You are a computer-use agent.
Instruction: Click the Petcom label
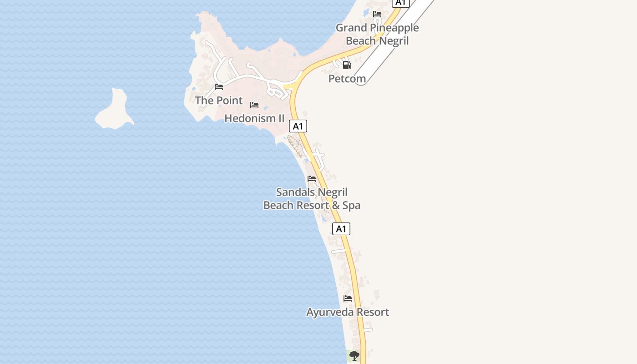point(347,79)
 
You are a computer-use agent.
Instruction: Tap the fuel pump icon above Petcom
point(347,65)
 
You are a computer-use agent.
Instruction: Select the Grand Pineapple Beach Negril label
point(377,34)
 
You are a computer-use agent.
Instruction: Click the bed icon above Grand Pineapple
point(377,14)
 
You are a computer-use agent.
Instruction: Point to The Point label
point(219,100)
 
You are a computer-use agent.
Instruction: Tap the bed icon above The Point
point(219,87)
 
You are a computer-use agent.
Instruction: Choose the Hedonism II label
point(254,118)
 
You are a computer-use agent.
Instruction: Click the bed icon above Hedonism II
point(254,105)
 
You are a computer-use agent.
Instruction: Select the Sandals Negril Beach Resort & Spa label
point(312,199)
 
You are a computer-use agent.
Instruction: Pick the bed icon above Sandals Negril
point(312,179)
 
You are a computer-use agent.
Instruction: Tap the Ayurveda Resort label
point(348,312)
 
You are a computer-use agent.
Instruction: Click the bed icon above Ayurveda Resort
point(348,298)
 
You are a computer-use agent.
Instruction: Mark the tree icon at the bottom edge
point(354,356)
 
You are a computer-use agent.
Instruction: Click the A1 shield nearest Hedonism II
point(298,126)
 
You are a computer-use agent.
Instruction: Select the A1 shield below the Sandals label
point(341,229)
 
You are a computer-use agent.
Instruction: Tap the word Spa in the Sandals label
point(351,205)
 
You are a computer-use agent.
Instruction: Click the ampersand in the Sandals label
point(336,205)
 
